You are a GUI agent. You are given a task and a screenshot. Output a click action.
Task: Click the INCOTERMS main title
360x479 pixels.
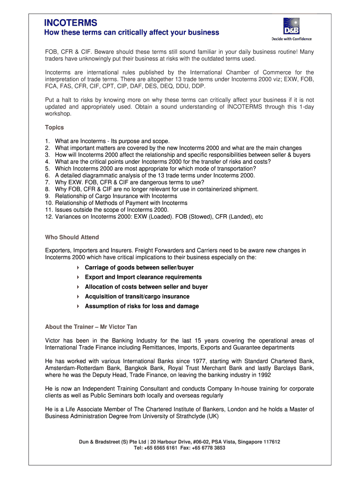coord(71,22)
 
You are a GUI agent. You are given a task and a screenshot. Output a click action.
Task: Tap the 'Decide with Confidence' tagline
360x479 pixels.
coord(291,39)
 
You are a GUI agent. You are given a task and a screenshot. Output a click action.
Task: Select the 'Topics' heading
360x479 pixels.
coord(54,127)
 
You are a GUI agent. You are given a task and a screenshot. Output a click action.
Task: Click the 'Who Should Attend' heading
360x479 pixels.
coord(72,237)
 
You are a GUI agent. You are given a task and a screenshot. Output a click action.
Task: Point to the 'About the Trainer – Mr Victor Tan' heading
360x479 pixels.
coord(91,327)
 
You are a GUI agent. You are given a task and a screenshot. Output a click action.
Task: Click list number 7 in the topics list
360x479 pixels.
coord(48,182)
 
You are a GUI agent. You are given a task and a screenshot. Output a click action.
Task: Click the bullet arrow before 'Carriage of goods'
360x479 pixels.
coord(78,268)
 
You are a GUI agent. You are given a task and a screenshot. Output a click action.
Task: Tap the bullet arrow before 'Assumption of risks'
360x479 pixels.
coord(78,306)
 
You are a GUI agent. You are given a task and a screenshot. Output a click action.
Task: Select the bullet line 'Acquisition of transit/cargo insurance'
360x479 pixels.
coord(137,297)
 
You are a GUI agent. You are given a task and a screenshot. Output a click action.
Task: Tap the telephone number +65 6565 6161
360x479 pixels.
coord(162,448)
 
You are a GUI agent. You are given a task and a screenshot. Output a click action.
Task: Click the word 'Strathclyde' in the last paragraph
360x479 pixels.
coord(186,416)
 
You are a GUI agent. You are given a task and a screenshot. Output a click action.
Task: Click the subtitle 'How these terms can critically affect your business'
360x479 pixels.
coord(131,33)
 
